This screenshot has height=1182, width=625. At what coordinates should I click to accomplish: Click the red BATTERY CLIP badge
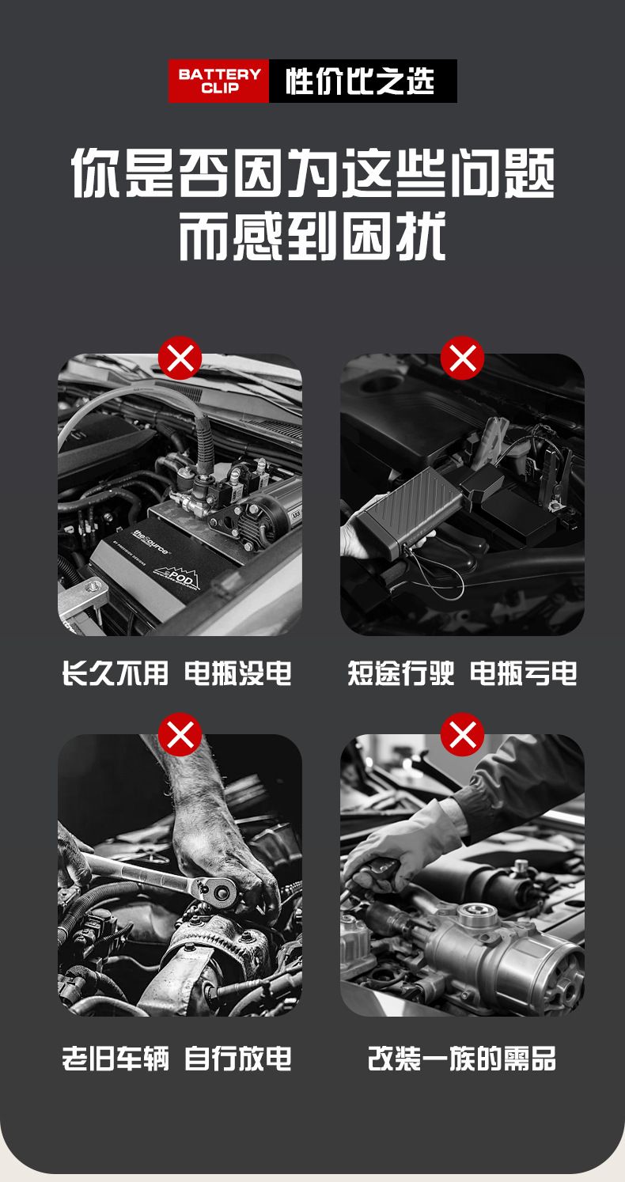pos(218,81)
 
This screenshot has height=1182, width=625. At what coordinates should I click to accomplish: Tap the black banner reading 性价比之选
pos(363,81)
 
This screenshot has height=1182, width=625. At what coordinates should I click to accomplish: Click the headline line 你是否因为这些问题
pos(312,172)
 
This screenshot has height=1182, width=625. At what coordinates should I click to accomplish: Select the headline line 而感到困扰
pos(312,235)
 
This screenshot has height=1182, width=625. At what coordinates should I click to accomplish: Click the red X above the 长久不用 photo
pos(180,358)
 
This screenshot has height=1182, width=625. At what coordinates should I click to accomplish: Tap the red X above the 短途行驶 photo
pos(462,358)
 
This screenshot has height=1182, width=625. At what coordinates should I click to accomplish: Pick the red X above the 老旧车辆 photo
pos(180,734)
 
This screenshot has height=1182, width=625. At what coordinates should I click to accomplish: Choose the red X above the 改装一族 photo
pos(462,734)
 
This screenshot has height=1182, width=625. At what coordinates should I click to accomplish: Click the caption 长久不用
pos(115,672)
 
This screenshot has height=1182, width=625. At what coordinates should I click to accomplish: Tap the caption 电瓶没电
pos(238,672)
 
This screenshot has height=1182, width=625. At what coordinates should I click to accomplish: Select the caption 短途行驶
pos(400,672)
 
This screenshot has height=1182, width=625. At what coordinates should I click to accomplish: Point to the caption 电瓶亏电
pos(524,672)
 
